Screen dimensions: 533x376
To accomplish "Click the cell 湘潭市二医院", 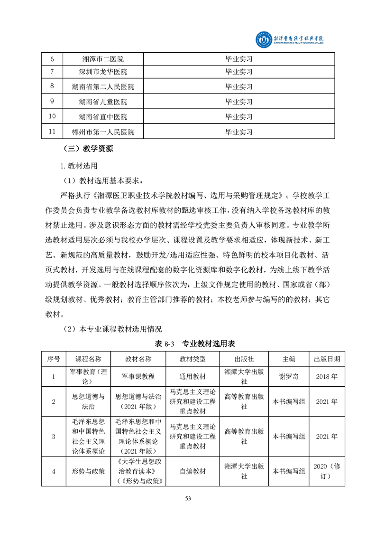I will tap(103, 59).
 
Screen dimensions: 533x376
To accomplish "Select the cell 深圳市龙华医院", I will tap(103, 72).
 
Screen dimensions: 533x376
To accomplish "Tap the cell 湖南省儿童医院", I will tap(103, 102).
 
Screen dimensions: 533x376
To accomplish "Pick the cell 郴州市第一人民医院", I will tap(103, 132).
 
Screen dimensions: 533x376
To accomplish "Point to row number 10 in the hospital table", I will tap(52, 116).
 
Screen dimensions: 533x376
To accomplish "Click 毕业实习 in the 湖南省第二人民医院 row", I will tap(238, 87).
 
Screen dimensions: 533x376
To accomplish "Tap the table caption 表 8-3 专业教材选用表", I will tap(188, 343).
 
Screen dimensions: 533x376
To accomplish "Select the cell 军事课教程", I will tap(138, 376).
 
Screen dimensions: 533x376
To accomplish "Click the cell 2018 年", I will tap(327, 376).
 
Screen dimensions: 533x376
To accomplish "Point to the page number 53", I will tap(188, 498).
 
